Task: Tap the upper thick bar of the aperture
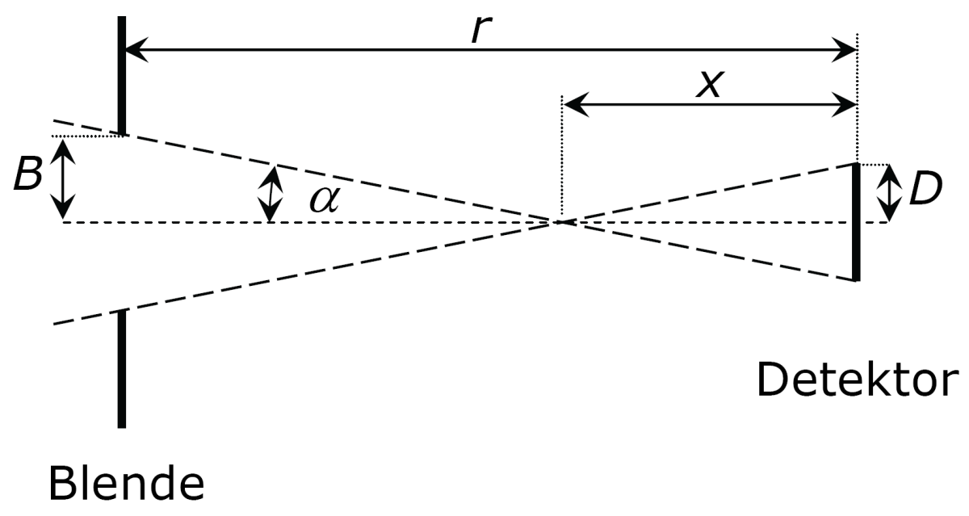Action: [x=121, y=75]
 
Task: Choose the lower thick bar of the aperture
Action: [x=121, y=368]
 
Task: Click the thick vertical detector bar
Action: [x=856, y=222]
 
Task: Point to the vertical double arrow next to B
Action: [x=62, y=178]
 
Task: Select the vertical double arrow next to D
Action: [x=889, y=193]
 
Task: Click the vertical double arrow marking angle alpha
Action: [x=271, y=194]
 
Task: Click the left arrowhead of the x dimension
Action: [x=571, y=103]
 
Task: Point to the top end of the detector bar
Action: [x=856, y=166]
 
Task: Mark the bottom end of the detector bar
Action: [x=856, y=279]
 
